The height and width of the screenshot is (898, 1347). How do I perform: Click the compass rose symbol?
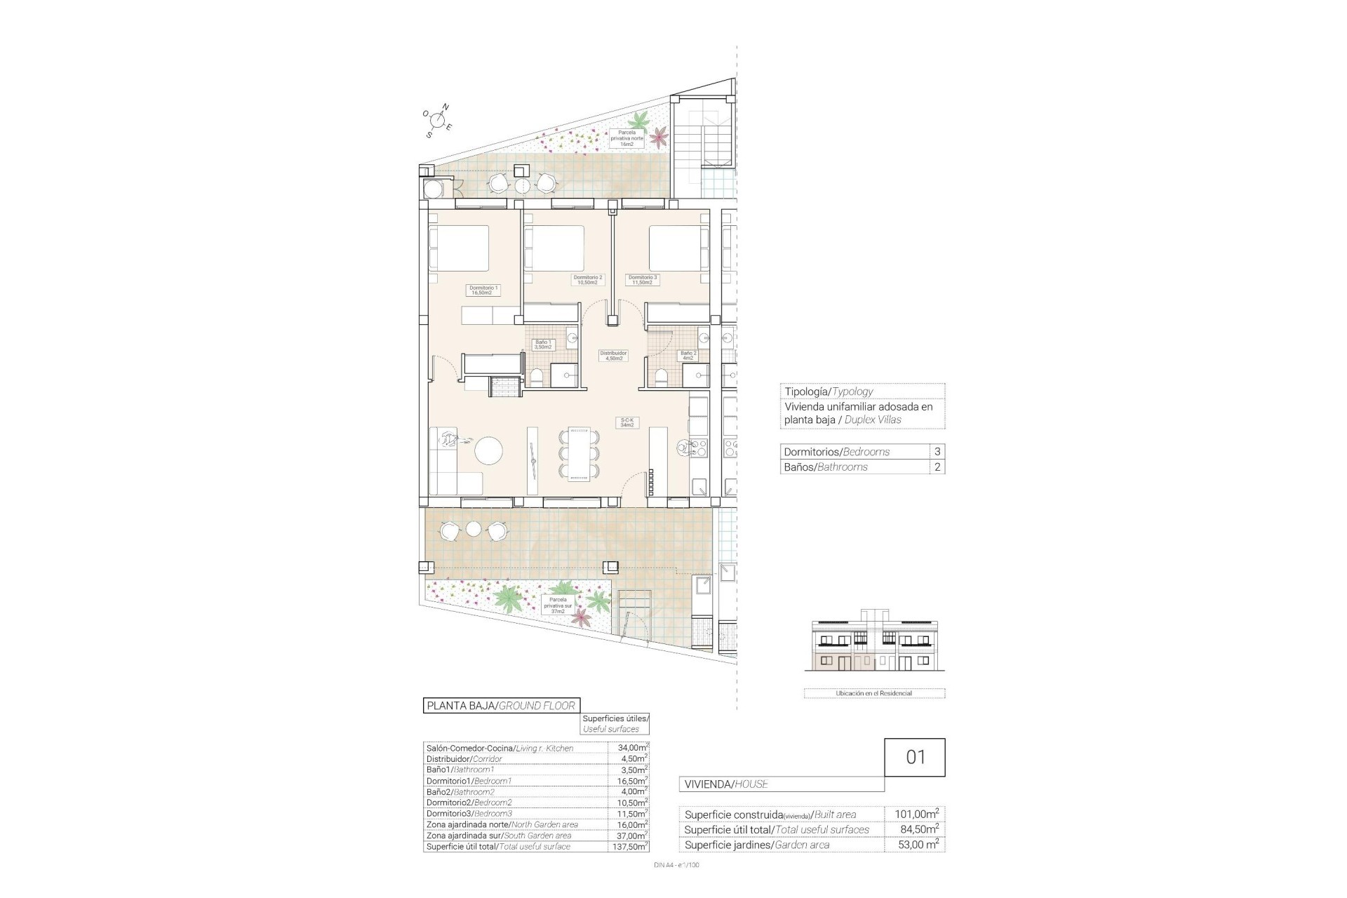pos(438,121)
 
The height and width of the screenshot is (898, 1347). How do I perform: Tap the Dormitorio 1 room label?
pos(483,290)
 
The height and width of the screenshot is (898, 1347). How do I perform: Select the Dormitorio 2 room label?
pos(588,280)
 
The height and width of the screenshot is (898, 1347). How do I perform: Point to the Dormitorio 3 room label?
pos(643,280)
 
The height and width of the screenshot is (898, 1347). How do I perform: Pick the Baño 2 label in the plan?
pos(688,356)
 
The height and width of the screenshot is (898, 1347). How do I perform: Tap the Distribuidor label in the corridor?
pos(613,356)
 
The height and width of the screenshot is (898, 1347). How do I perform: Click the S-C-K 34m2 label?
pos(626,423)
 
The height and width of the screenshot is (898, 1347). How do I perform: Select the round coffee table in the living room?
pos(488,451)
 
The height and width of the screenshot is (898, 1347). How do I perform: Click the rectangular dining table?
pos(579,454)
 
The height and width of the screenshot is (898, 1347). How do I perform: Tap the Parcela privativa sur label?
pos(558,605)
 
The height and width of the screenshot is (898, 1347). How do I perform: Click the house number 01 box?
pos(915,757)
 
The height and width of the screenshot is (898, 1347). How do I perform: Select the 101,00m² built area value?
pos(916,815)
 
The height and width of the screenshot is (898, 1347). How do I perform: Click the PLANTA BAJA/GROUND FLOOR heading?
pos(502,706)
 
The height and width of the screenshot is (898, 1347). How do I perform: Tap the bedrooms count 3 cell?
pos(937,452)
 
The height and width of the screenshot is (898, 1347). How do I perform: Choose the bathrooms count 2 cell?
pos(937,467)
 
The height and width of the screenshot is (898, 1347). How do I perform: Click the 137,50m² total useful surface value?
pos(628,847)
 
